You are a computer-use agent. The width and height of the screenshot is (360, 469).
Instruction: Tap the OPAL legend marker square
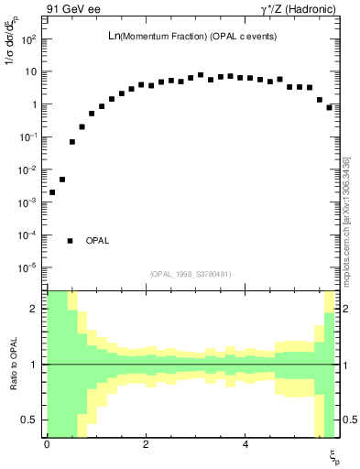(71, 241)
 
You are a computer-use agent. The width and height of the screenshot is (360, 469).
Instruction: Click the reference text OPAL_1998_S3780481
(191, 274)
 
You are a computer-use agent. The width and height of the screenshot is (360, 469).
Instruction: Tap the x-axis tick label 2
(147, 444)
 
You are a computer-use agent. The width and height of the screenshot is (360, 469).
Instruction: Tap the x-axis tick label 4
(245, 444)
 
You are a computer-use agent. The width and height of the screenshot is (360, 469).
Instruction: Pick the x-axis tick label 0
(47, 444)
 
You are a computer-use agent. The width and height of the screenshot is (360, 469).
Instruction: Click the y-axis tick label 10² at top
(30, 39)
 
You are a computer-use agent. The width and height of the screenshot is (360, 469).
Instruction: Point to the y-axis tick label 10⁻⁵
(29, 268)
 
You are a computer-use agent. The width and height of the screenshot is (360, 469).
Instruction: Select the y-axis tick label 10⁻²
(29, 170)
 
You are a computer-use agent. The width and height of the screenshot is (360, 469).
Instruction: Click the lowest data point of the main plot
(52, 192)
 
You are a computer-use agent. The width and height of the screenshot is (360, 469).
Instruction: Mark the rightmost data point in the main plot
(330, 107)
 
